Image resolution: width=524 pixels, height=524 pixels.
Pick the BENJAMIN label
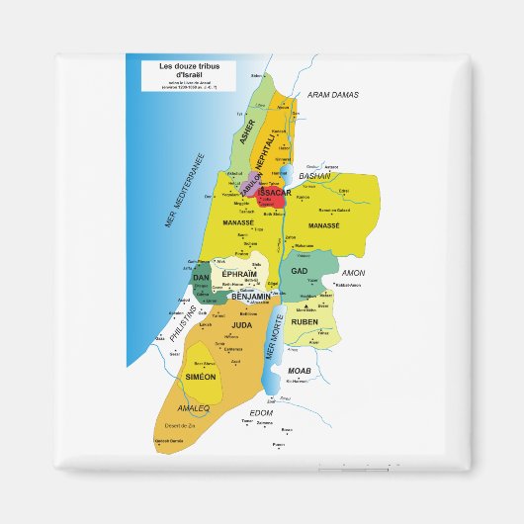coord(251,296)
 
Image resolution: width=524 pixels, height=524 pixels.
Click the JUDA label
coord(242,323)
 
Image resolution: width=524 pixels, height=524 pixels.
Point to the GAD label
coord(301,270)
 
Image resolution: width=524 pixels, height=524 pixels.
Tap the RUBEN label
coord(305,321)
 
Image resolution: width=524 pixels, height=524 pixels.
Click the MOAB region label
coord(300,369)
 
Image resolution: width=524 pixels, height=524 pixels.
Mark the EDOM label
coord(261,412)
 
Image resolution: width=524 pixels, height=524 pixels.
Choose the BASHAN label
coord(314,176)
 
